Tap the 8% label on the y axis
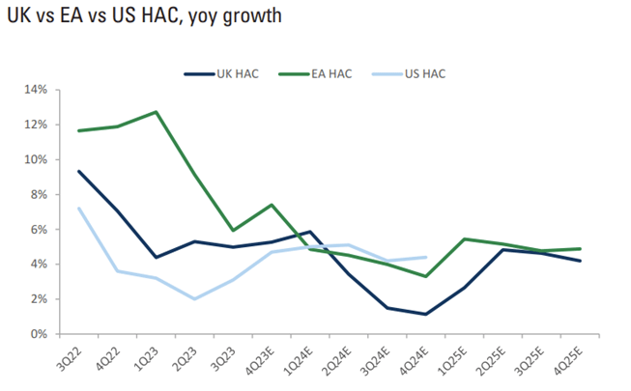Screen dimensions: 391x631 click(x=38, y=194)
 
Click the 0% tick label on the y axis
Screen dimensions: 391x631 click(x=38, y=334)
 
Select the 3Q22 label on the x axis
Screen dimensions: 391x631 click(x=70, y=357)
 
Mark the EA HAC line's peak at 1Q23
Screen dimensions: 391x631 click(x=156, y=112)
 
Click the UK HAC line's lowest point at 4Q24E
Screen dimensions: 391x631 click(x=425, y=314)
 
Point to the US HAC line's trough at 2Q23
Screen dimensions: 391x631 click(x=194, y=298)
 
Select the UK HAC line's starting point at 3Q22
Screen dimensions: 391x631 click(x=78, y=171)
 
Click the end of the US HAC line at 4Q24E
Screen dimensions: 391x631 click(x=425, y=257)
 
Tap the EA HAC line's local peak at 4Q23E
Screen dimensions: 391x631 click(x=272, y=205)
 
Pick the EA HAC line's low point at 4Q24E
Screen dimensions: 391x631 click(x=425, y=276)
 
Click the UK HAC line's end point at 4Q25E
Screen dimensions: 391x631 click(x=579, y=261)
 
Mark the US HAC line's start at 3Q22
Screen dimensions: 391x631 click(x=78, y=209)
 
